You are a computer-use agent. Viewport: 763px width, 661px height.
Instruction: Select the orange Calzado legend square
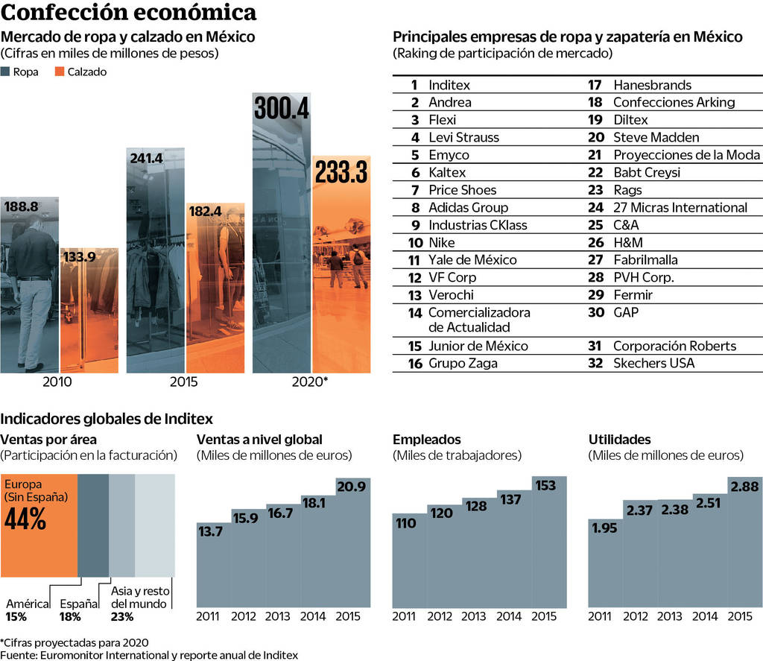click(58, 72)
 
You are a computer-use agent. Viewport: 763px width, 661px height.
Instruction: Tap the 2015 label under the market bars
click(183, 382)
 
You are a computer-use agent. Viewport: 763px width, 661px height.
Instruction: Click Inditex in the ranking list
click(449, 85)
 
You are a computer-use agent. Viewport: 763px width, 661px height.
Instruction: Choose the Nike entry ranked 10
click(441, 242)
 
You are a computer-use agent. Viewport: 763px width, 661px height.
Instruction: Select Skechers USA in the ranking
click(653, 363)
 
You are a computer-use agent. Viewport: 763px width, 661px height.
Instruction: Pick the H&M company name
click(627, 242)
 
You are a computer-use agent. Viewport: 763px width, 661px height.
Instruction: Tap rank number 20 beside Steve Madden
click(595, 137)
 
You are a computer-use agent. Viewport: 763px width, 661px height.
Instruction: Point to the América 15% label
click(27, 610)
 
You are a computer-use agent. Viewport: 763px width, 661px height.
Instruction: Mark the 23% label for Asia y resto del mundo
click(122, 616)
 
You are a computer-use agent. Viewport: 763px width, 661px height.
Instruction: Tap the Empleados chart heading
click(426, 440)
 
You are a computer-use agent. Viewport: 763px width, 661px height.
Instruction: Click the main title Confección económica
click(129, 13)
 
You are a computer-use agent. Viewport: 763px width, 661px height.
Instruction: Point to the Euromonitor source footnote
click(149, 655)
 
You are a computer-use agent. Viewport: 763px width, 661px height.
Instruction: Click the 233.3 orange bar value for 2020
click(341, 173)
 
